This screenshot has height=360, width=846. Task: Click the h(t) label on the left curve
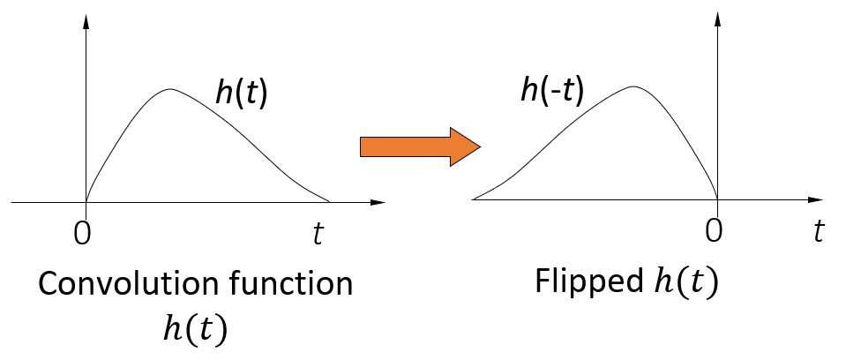[x=241, y=93]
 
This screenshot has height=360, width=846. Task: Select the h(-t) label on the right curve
[x=551, y=91]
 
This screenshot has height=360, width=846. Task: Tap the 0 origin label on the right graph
[x=715, y=232]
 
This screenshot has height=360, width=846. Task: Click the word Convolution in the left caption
[x=124, y=285]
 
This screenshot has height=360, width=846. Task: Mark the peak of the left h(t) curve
[x=171, y=89]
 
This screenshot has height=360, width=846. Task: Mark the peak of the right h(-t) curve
[x=633, y=86]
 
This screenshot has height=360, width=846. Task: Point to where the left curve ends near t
[x=329, y=201]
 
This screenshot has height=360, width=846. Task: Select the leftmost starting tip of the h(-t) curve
[x=474, y=199]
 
